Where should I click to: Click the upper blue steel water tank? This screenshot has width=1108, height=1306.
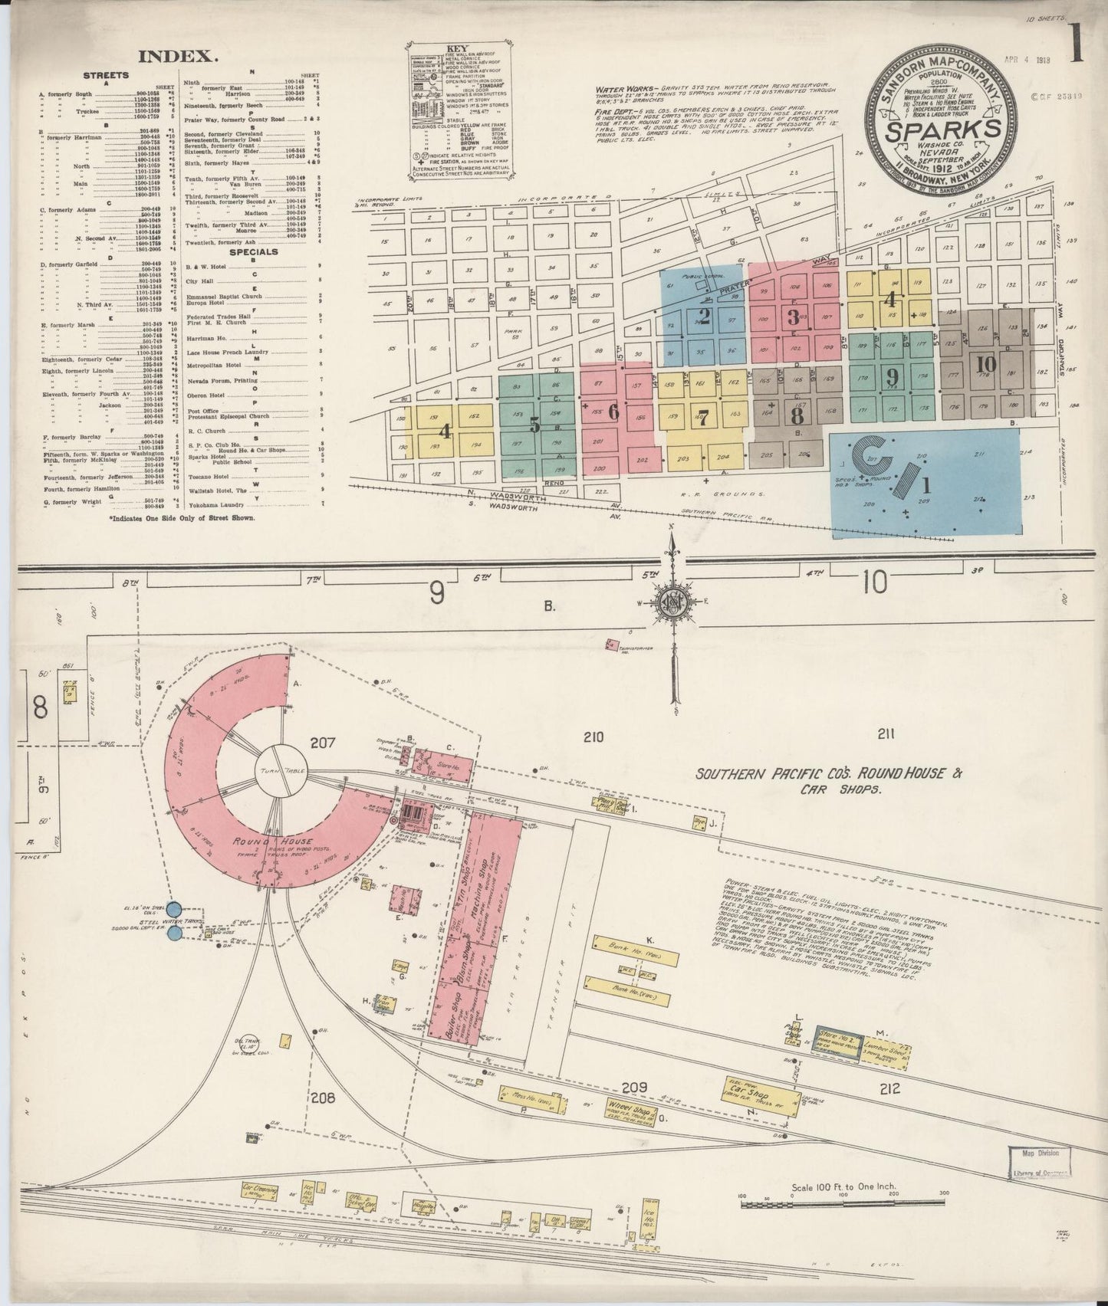point(176,908)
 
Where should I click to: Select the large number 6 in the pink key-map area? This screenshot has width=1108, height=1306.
point(613,412)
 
